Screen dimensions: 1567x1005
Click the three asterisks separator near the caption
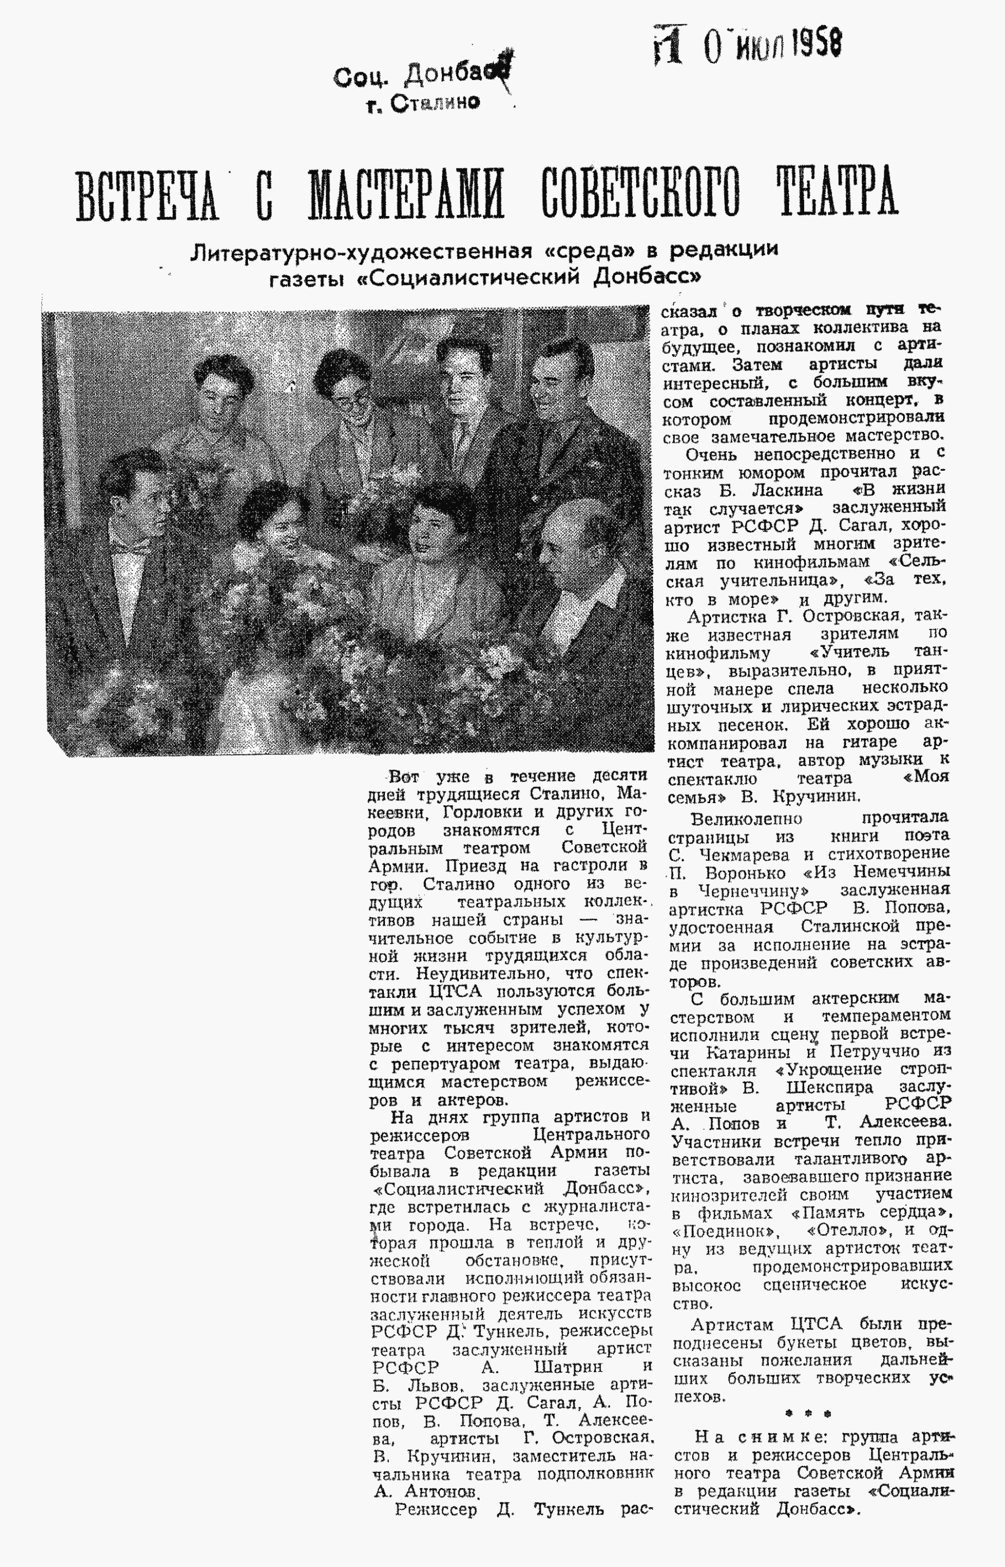(808, 1414)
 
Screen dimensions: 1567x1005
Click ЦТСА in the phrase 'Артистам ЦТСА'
(816, 1324)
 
